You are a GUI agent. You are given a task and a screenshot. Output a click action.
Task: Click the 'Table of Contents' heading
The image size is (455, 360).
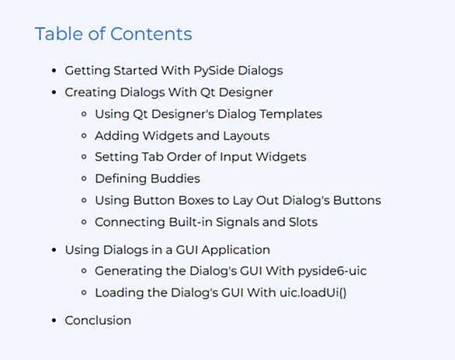[x=113, y=33]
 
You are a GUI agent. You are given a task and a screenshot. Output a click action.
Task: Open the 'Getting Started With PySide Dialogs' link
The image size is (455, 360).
[x=173, y=71]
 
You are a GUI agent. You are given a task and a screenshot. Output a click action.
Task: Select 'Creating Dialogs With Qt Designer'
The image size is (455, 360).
[x=168, y=92]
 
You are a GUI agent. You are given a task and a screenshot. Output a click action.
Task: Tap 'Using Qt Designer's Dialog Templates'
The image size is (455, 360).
[x=208, y=114]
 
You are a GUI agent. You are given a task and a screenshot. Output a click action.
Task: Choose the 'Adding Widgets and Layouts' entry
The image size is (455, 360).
[x=182, y=136]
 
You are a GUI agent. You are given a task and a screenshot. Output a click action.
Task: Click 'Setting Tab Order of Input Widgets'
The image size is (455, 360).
[x=200, y=157]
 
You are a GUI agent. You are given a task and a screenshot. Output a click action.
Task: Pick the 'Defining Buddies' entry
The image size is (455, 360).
[x=148, y=178]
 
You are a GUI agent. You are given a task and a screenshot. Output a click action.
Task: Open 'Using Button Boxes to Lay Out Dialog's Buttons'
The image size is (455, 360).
[x=238, y=201]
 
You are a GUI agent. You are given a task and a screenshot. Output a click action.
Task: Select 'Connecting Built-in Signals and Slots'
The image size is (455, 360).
[x=206, y=222]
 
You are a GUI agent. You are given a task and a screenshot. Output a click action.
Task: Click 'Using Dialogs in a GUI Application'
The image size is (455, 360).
[x=168, y=250]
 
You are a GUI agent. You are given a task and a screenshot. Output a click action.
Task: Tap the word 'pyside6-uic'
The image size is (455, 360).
[x=332, y=271]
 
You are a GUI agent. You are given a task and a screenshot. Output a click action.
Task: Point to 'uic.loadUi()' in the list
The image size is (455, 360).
[x=313, y=292]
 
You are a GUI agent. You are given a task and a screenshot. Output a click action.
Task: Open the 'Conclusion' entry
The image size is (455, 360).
[x=98, y=320]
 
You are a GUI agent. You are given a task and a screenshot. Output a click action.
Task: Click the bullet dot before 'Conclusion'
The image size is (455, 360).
[x=54, y=320]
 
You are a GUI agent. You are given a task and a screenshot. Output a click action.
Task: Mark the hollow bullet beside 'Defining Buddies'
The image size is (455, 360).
[x=84, y=178]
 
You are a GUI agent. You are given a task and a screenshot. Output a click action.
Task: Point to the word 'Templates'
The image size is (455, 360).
[x=290, y=114]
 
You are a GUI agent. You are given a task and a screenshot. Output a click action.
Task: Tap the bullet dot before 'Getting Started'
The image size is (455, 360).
[x=54, y=71]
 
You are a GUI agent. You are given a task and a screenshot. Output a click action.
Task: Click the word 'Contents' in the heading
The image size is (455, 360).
[x=151, y=33]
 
